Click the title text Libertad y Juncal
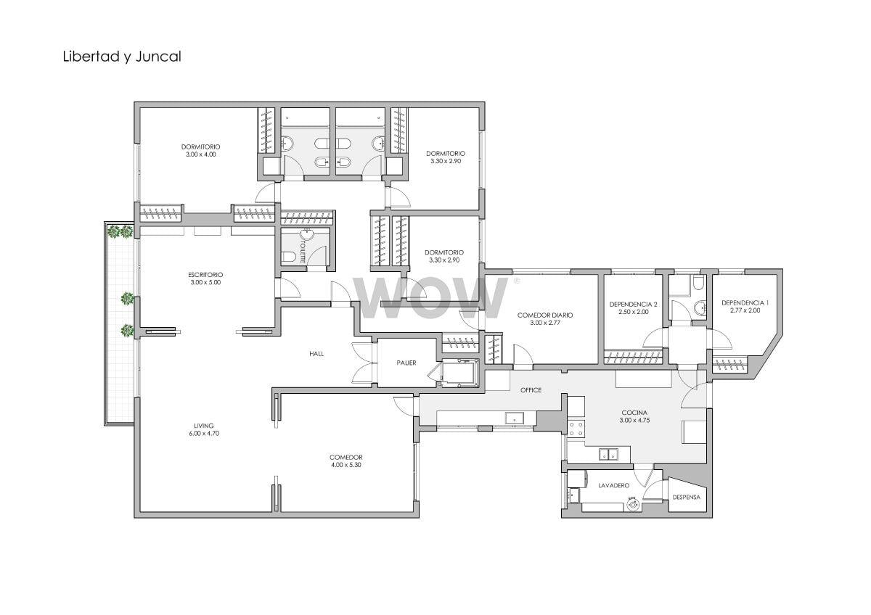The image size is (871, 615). coord(122,57)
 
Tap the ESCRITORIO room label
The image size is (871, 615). coord(205,275)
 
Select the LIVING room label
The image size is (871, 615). coord(204,426)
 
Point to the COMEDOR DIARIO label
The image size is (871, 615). coord(545,315)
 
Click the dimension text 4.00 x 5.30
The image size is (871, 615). coord(346,465)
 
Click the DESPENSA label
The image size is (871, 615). coord(687,497)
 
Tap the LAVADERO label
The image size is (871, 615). coord(614,486)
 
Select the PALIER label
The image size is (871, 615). coord(406,363)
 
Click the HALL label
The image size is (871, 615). coord(316,353)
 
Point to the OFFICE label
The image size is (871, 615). coord(531,390)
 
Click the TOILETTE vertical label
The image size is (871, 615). coord(303,252)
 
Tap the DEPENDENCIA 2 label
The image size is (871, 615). coord(634,304)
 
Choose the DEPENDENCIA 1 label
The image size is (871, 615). coord(745,302)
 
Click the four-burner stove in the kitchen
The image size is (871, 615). coord(576,429)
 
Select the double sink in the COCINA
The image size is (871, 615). coord(609,454)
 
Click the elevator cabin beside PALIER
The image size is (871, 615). coord(459,373)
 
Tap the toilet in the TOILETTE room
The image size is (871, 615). coord(289,257)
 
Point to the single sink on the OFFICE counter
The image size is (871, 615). coord(515,418)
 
